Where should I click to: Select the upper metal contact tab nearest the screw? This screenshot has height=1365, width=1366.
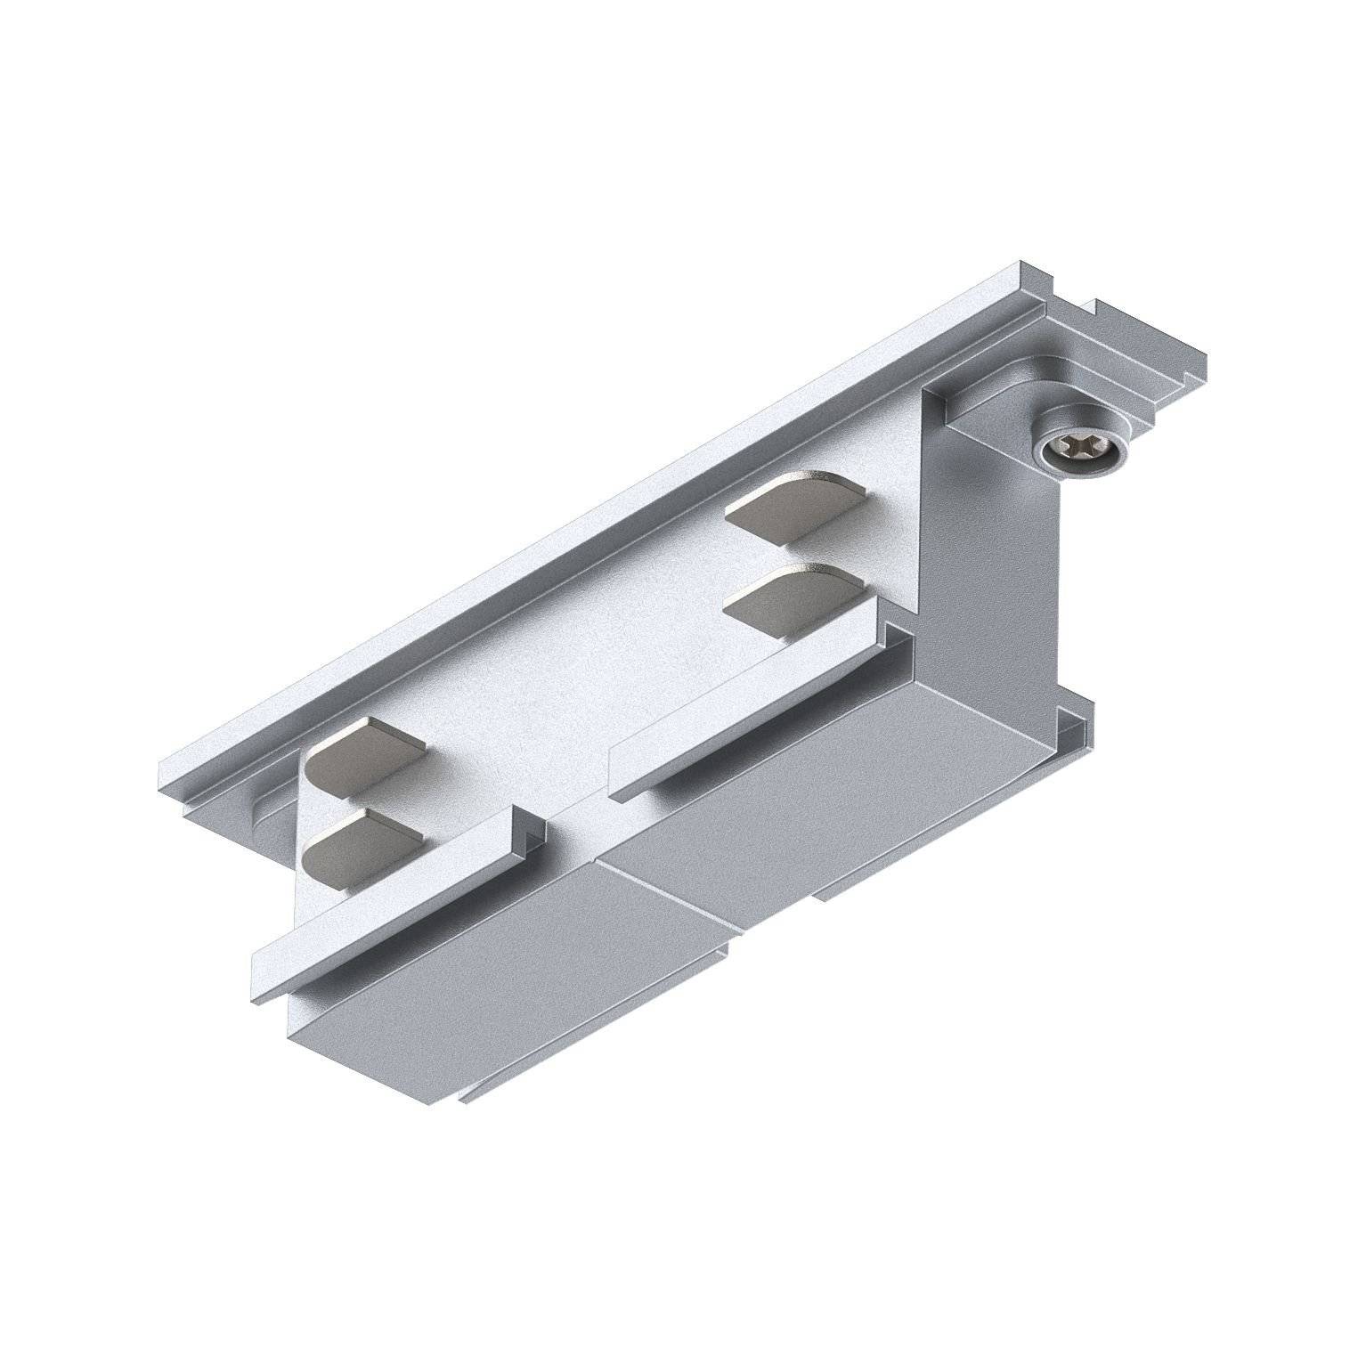click(x=795, y=505)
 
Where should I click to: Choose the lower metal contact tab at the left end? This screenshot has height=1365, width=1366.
click(x=362, y=843)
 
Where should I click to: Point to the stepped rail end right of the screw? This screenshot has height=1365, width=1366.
click(x=1149, y=374)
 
